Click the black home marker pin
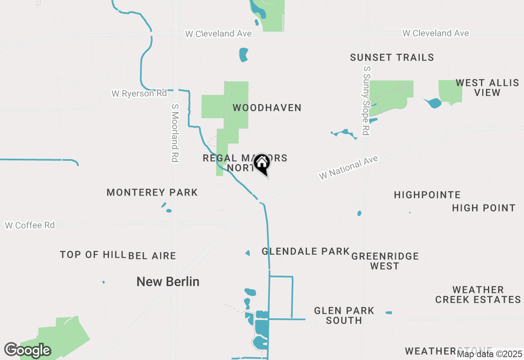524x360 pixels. [x=262, y=164]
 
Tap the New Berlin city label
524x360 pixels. [x=168, y=281]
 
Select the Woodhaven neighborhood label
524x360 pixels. [x=267, y=108]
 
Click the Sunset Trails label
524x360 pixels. [x=392, y=57]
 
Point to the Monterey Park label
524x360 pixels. [x=152, y=192]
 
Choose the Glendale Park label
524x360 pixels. [x=305, y=251]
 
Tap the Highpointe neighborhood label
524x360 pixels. [x=427, y=195]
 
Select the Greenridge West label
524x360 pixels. [x=385, y=261]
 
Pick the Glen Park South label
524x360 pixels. [x=344, y=315]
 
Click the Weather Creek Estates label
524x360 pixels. [x=478, y=295]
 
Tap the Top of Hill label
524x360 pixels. [x=93, y=254]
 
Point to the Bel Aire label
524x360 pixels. [x=152, y=256]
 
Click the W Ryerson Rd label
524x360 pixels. [x=139, y=94]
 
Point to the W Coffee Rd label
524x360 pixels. [x=30, y=225]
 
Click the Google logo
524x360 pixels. [x=27, y=350]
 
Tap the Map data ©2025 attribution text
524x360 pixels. [x=490, y=354]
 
